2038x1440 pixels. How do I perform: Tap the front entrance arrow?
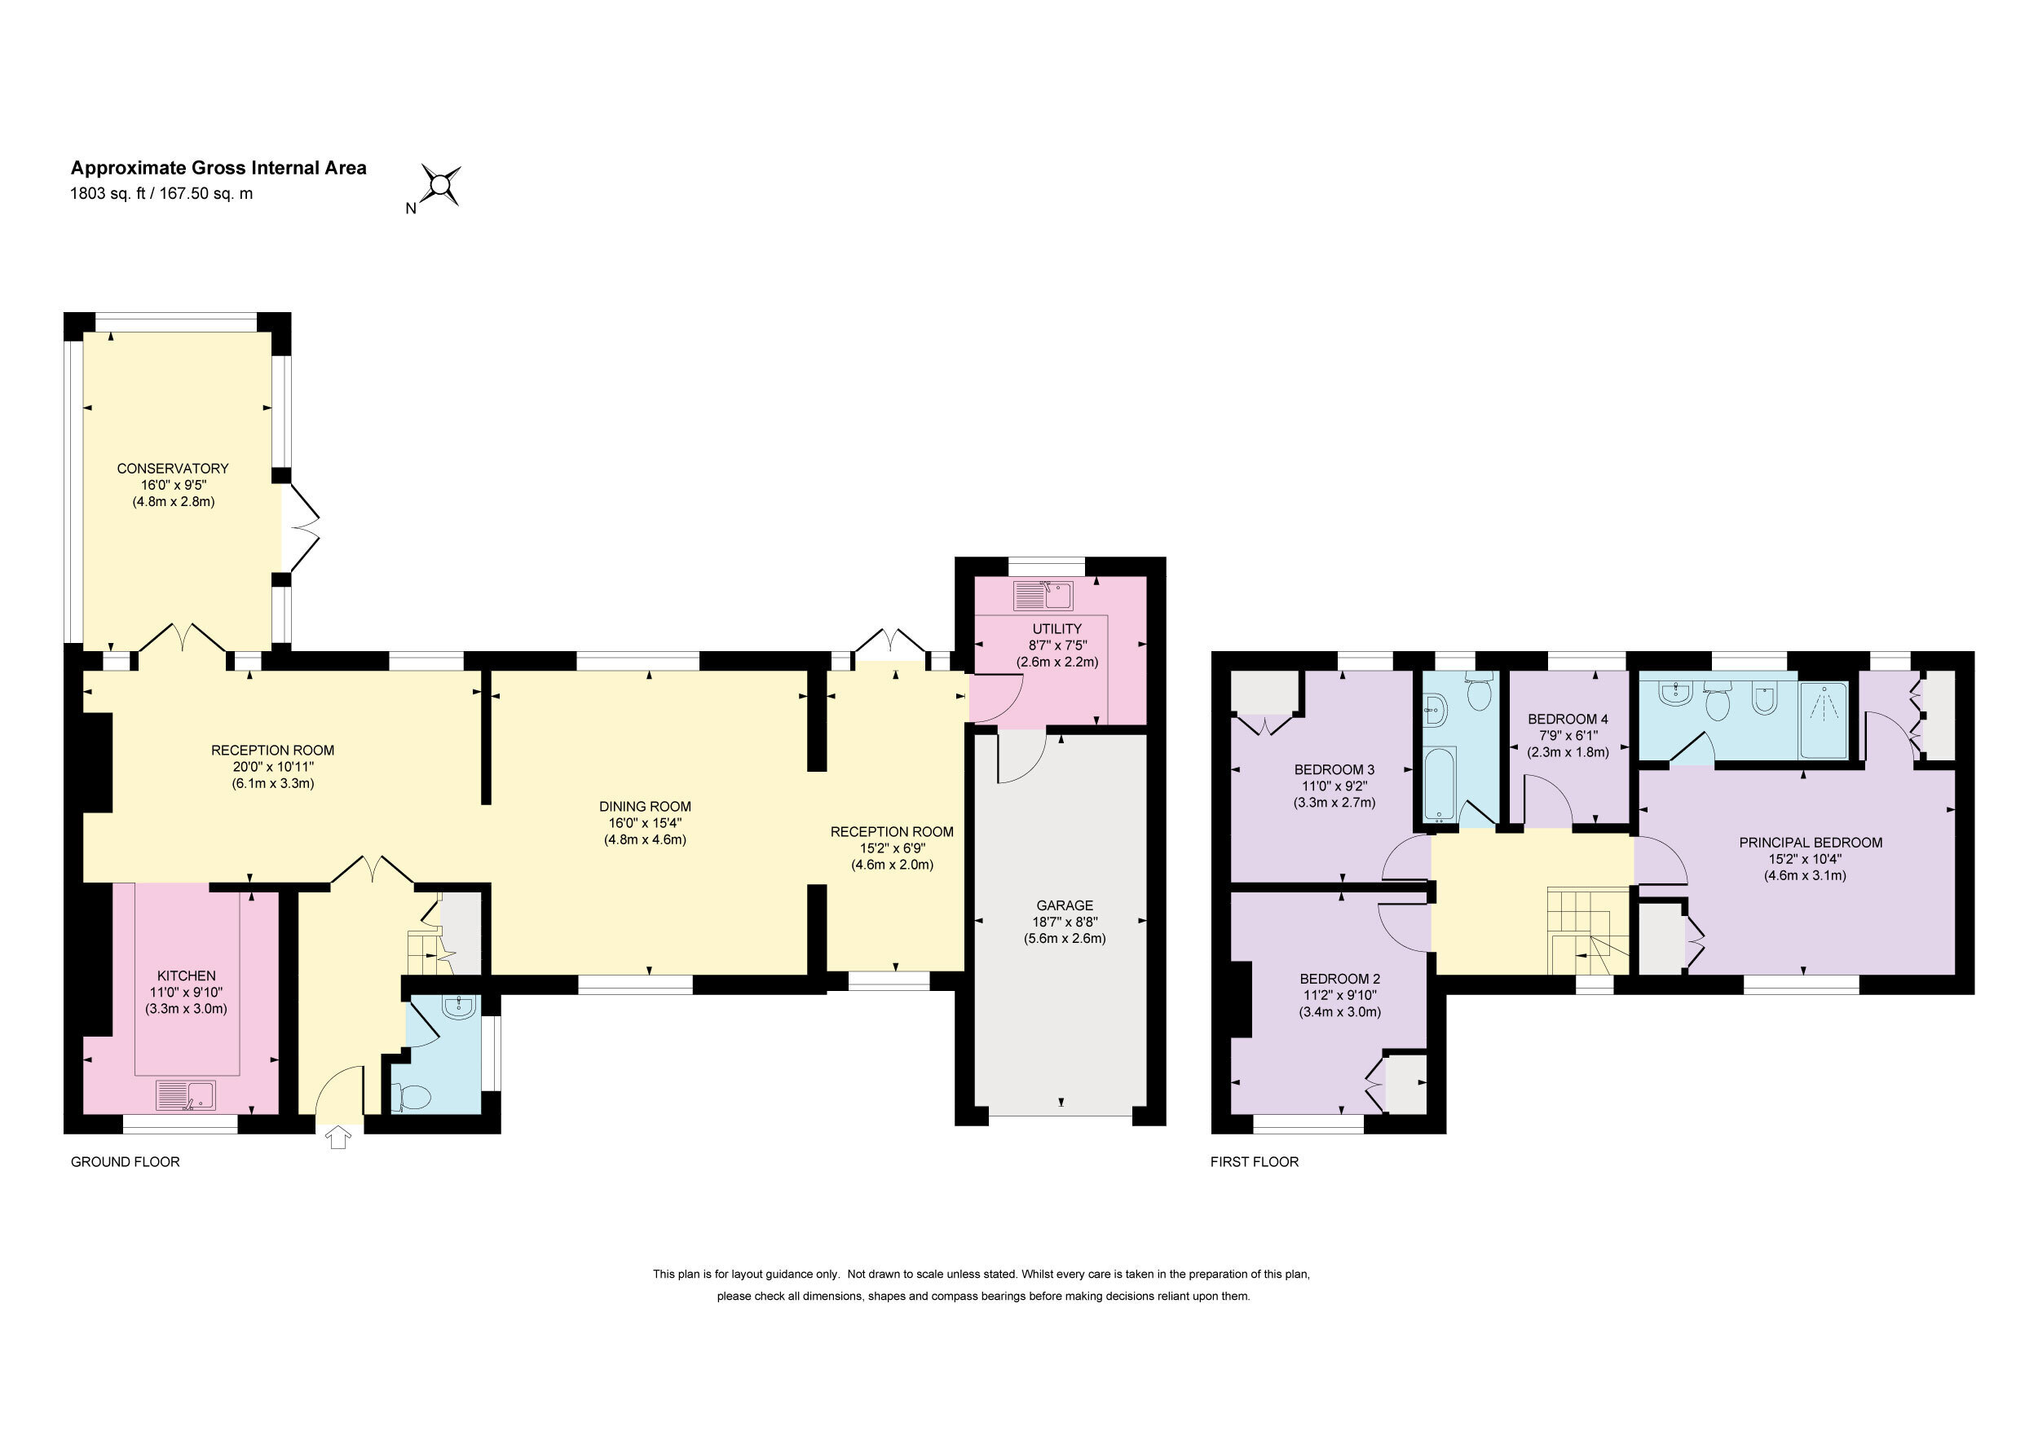(338, 1137)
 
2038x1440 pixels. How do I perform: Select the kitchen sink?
(186, 1094)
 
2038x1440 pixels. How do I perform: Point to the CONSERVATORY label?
(173, 469)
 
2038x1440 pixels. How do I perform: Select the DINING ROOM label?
(646, 807)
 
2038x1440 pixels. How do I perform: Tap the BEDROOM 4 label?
(1568, 719)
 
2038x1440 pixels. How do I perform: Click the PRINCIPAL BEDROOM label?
(1811, 842)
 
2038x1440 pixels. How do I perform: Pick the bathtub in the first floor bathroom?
(1439, 784)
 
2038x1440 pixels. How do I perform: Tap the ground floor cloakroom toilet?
(411, 1099)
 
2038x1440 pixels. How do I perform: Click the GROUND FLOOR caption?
(126, 1161)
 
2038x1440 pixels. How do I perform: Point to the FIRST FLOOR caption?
(1255, 1161)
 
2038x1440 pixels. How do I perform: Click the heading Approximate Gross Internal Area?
(218, 168)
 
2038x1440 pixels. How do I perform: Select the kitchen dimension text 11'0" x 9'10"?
(187, 992)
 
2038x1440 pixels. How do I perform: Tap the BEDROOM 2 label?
(1339, 979)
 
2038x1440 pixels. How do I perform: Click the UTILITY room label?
(1057, 628)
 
